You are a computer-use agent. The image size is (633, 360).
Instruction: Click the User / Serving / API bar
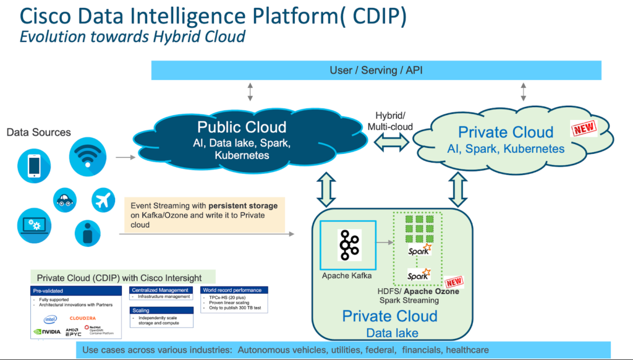click(x=376, y=71)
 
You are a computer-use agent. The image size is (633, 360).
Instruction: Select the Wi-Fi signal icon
click(x=87, y=155)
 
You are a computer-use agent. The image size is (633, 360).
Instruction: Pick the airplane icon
click(x=103, y=200)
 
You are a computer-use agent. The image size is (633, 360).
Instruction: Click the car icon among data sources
click(x=64, y=200)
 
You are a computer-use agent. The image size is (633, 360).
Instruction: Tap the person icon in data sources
click(x=87, y=233)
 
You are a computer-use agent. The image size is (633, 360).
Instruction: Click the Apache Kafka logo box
click(x=346, y=246)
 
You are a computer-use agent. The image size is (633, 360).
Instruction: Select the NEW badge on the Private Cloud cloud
click(x=582, y=129)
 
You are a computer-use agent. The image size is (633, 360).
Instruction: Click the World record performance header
click(x=232, y=289)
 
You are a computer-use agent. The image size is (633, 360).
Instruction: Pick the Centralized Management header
click(x=160, y=289)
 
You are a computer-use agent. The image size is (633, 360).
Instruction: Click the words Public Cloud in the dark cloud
click(x=242, y=127)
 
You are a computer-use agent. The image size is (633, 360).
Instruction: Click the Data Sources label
click(x=38, y=132)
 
